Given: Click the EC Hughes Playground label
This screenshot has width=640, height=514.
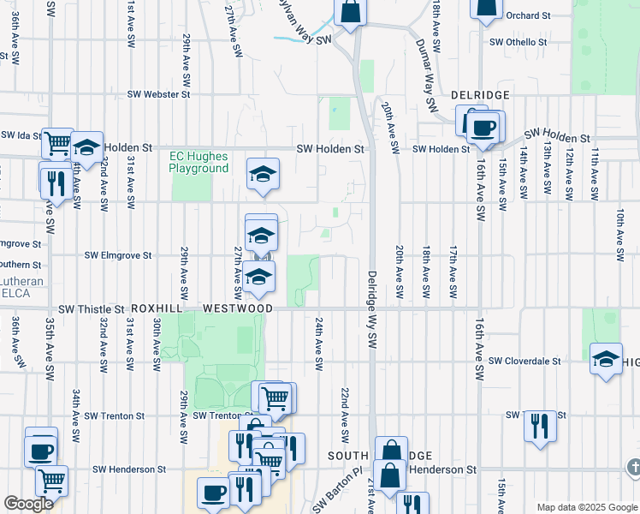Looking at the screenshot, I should click(199, 162).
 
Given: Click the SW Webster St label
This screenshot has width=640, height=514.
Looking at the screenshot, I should click(158, 94).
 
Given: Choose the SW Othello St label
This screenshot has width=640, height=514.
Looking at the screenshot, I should click(518, 42).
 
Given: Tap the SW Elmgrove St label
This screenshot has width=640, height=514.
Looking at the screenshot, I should click(117, 255).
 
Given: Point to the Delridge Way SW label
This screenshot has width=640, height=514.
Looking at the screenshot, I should click(372, 308).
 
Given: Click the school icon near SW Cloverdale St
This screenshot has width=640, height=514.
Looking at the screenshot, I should click(606, 359).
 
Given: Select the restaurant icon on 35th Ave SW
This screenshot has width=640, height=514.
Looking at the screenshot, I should click(53, 182).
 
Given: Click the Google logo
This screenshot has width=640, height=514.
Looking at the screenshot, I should click(29, 504).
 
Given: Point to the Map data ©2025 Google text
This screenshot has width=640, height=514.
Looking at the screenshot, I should click(586, 507).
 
